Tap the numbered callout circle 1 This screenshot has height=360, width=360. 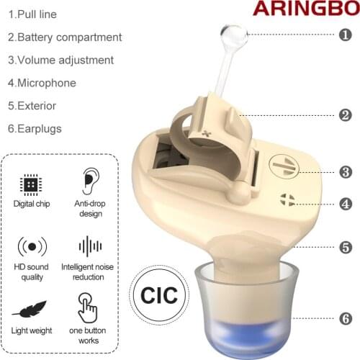[346, 35]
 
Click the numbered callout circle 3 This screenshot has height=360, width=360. [346, 172]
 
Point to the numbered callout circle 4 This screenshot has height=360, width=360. [346, 204]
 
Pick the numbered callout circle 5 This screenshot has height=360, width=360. [346, 247]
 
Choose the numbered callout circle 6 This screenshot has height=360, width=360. [346, 317]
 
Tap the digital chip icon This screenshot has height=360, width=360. [31, 184]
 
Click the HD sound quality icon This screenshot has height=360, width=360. [31, 246]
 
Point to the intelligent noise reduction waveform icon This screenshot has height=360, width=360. [90, 246]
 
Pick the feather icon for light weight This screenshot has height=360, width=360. [30, 310]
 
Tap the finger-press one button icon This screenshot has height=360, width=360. [88, 307]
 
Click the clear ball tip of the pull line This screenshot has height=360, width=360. [234, 34]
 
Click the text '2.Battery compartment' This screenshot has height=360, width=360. [65, 37]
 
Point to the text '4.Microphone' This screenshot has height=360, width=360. [42, 83]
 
